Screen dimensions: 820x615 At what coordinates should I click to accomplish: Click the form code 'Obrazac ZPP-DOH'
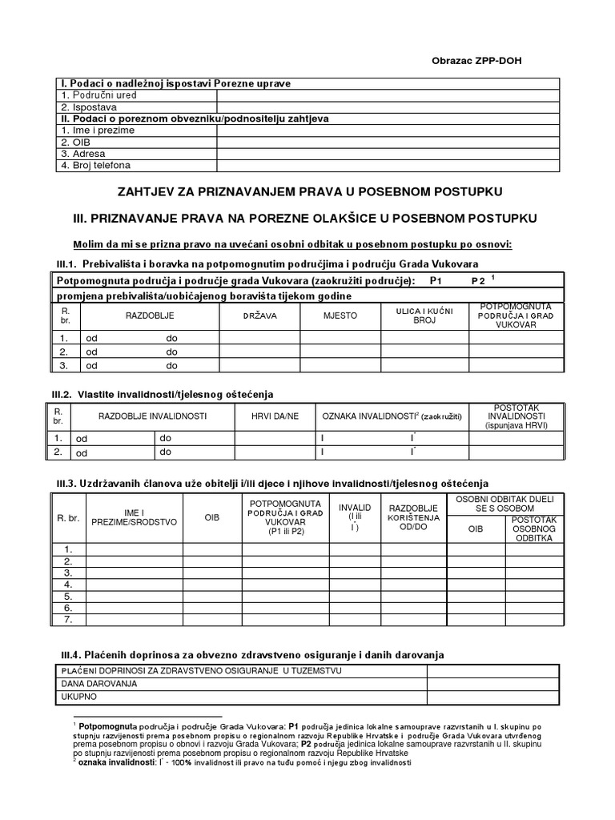(x=481, y=62)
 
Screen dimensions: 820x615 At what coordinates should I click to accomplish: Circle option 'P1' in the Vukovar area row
(x=436, y=281)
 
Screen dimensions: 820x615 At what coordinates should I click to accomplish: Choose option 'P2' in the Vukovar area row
(x=478, y=281)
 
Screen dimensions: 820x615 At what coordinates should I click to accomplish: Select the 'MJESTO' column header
(x=340, y=316)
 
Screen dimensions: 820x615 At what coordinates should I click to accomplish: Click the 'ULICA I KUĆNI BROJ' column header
(x=424, y=315)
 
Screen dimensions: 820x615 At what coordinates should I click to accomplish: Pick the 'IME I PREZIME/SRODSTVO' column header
(x=135, y=518)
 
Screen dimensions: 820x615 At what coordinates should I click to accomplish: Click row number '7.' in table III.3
(x=68, y=620)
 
